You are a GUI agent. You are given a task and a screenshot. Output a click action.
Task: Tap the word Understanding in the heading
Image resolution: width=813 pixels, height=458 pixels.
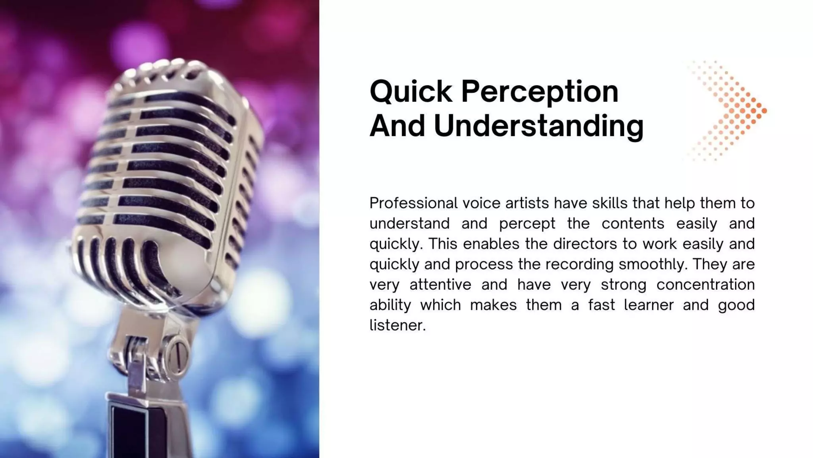(538, 126)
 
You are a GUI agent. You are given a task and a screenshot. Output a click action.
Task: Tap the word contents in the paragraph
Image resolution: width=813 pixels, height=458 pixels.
(632, 224)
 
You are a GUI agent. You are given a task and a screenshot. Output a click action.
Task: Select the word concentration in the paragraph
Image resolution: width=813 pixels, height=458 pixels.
(705, 285)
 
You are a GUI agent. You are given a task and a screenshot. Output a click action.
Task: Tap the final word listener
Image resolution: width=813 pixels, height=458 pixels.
(397, 326)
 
